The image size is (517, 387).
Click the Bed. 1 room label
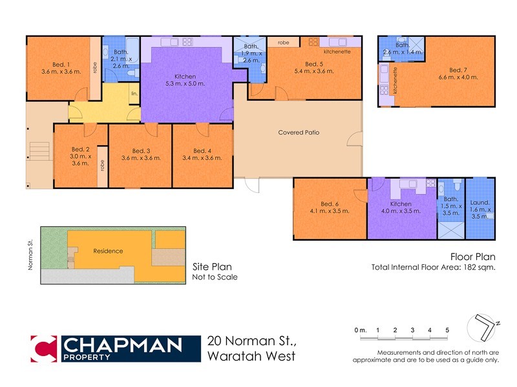point(60,64)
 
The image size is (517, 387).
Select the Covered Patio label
point(299,133)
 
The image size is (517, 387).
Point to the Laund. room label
point(480,202)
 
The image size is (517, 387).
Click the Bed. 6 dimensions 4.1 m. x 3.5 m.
point(330,211)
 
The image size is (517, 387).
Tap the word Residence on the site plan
point(108,251)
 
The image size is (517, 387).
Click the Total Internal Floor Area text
point(433,268)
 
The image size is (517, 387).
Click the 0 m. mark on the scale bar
point(361,330)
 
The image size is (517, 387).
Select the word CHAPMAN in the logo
point(121,345)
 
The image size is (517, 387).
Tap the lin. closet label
point(134,94)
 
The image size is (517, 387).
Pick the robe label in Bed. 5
point(284,42)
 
